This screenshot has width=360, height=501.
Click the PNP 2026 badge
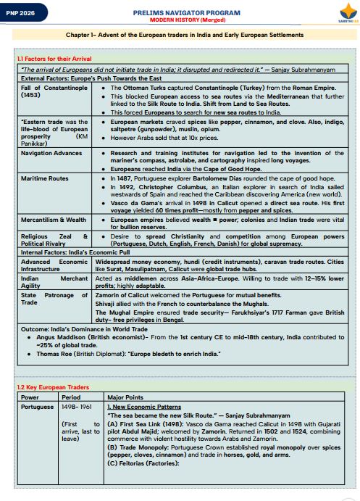(24, 13)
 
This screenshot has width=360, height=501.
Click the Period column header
(71, 397)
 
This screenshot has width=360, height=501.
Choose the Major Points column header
(123, 397)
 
